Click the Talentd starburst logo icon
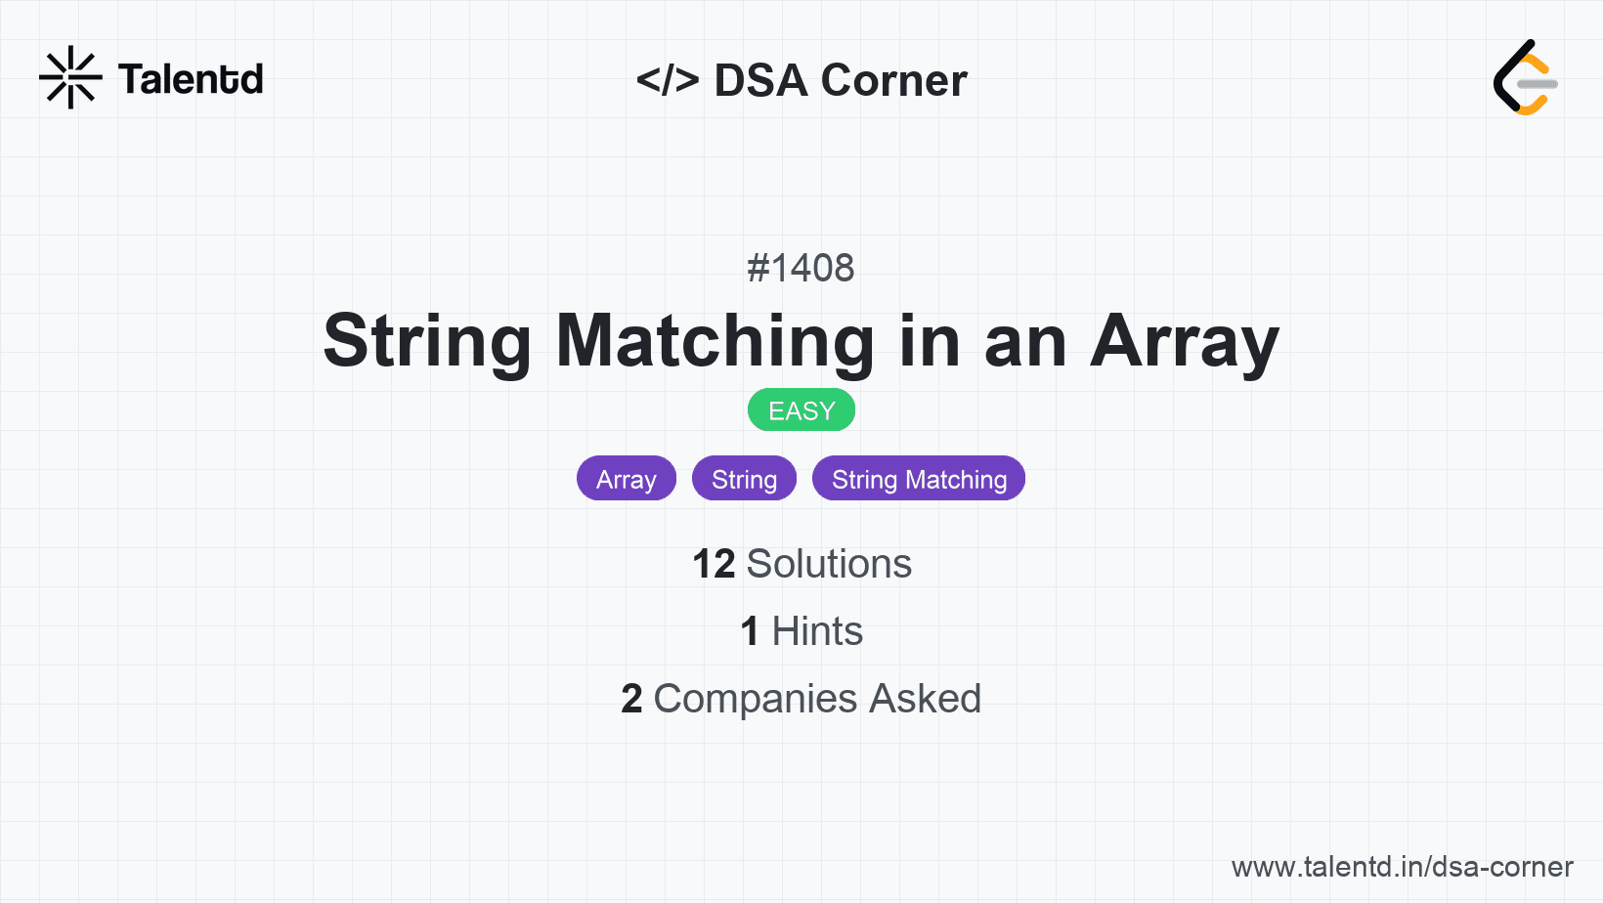tap(70, 77)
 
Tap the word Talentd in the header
tap(191, 79)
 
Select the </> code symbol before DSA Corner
tap(668, 79)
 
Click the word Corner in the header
tap(893, 80)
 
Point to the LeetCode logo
tap(1525, 77)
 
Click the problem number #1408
tap(801, 268)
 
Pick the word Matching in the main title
tap(715, 342)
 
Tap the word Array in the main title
tap(1185, 342)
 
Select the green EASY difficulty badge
tap(801, 410)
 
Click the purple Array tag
tap(627, 479)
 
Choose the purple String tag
tap(744, 479)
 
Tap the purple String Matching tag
tap(919, 479)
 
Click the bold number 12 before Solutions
tap(714, 564)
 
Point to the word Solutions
tap(829, 564)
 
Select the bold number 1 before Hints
tap(750, 631)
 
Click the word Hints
tap(817, 631)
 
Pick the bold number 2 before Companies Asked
tap(631, 699)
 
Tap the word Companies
tap(755, 699)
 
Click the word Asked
tap(926, 699)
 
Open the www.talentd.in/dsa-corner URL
tap(1402, 867)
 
